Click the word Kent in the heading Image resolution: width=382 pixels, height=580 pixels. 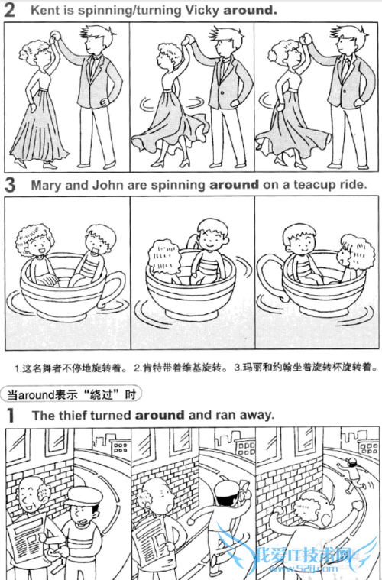[x=44, y=10]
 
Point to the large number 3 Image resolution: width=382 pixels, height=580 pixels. [x=10, y=185]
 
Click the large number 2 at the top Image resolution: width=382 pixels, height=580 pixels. [x=10, y=11]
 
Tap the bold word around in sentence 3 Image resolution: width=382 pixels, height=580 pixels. [x=235, y=184]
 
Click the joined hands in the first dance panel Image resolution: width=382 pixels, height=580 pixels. [x=55, y=35]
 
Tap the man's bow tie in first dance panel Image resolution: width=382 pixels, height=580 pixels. [x=98, y=57]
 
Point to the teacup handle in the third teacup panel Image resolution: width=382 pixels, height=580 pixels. [x=270, y=277]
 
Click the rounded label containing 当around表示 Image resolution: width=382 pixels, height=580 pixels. [x=71, y=394]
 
